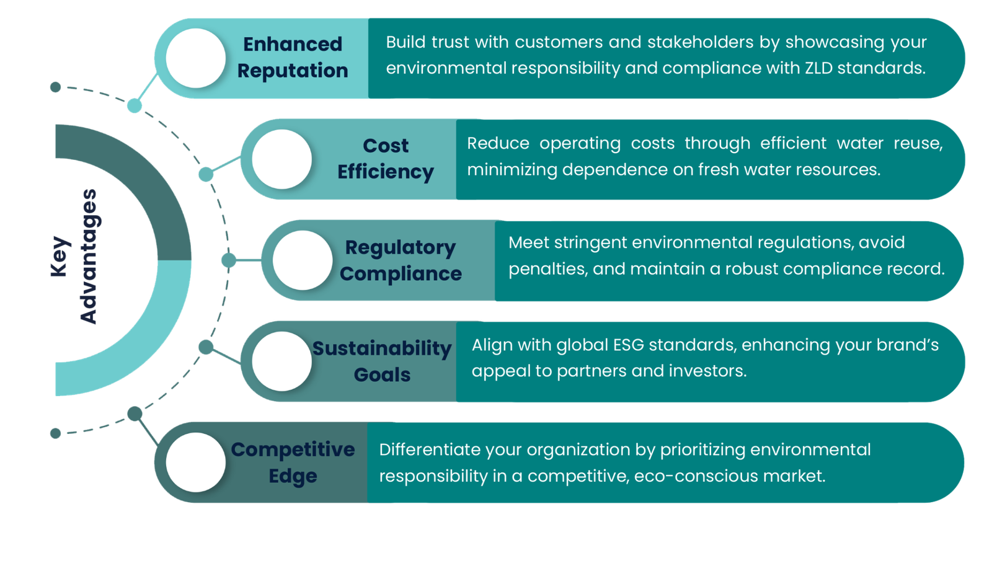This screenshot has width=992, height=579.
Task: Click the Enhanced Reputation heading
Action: [293, 57]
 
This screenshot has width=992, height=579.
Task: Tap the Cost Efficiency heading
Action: [385, 159]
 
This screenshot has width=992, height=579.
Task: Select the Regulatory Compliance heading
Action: [401, 260]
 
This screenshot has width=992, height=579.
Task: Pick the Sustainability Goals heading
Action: [382, 361]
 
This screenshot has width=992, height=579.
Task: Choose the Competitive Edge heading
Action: [293, 462]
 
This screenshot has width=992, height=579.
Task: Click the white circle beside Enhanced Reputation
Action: [196, 58]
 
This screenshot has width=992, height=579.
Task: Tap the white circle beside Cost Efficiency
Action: [282, 159]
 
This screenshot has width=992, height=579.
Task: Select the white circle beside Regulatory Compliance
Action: [303, 260]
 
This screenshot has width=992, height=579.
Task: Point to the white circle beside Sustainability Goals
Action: [282, 361]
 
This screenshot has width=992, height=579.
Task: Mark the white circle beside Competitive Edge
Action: [196, 462]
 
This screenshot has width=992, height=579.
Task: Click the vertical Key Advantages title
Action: [74, 256]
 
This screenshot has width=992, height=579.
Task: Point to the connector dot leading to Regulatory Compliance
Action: [229, 260]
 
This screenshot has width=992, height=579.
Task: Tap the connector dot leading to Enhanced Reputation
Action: [135, 106]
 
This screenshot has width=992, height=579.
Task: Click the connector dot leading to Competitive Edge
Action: [135, 413]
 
